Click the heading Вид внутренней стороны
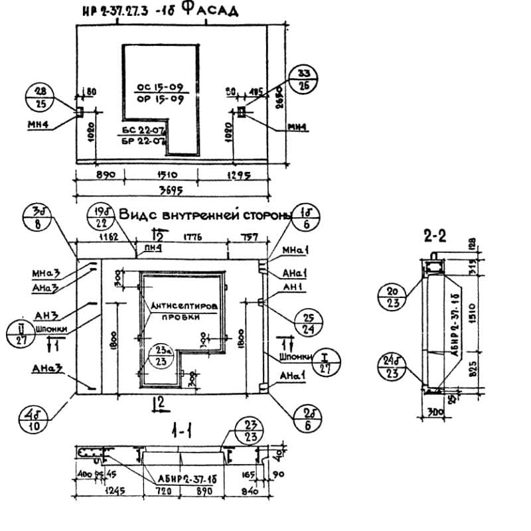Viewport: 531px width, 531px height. point(204,215)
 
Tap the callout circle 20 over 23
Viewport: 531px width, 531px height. point(392,297)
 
